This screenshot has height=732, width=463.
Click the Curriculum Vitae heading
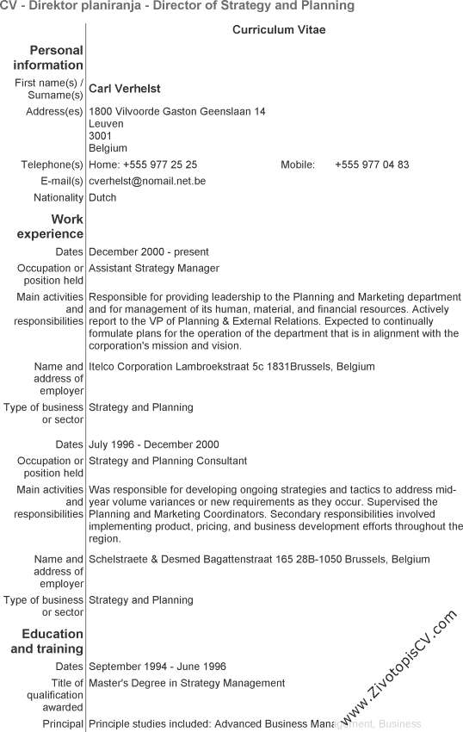[x=279, y=30]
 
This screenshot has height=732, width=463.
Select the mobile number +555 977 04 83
[x=372, y=164]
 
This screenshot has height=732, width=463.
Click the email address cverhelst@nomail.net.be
[x=147, y=181]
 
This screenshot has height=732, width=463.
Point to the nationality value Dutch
[x=102, y=197]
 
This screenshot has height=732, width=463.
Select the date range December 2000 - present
[x=149, y=251]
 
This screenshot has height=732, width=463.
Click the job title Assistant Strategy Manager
[x=154, y=268]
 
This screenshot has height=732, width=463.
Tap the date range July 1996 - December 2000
[x=154, y=444]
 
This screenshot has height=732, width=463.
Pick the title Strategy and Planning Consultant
[x=168, y=461]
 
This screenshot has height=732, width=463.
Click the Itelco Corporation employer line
[x=231, y=366]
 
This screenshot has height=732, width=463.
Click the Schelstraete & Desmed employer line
[x=259, y=559]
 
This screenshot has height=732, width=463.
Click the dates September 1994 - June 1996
[x=157, y=666]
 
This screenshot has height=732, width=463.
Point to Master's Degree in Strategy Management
[x=187, y=683]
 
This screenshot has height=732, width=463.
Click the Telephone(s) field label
[x=52, y=164]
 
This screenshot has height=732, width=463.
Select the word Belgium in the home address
[x=108, y=148]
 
